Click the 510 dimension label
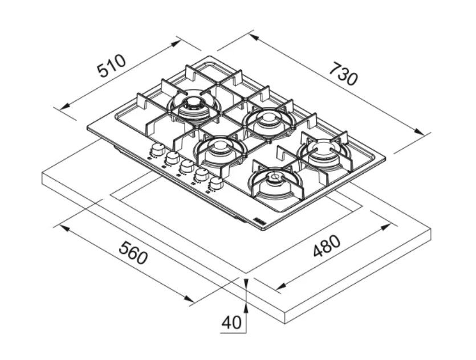(111, 66)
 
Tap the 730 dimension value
(344, 73)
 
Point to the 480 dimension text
(327, 246)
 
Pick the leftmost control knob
(157, 149)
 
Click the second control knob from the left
(172, 158)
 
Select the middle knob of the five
(187, 166)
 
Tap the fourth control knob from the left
(202, 174)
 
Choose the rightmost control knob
(216, 183)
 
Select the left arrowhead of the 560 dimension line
(64, 227)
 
